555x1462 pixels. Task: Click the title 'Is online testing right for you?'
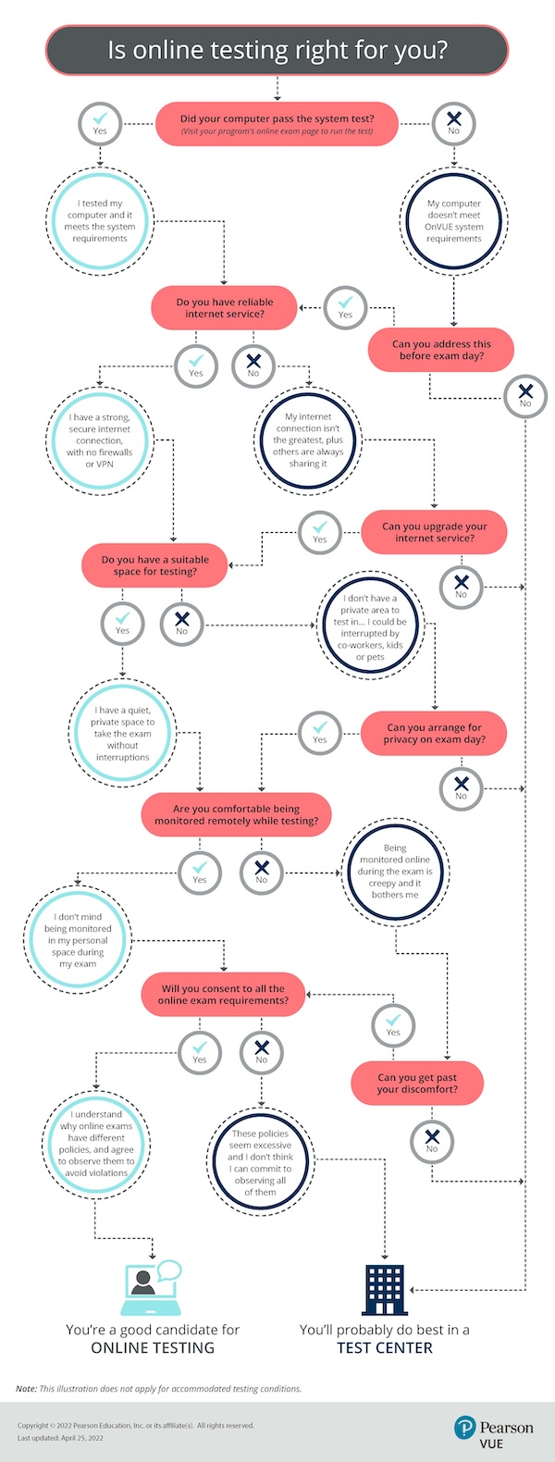click(277, 50)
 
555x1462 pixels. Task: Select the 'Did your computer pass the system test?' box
click(277, 124)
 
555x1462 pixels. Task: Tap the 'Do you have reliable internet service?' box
click(225, 308)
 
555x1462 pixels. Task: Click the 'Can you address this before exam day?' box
click(441, 350)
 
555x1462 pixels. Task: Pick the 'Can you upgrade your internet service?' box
click(435, 532)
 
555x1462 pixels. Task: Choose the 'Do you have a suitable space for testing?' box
click(155, 565)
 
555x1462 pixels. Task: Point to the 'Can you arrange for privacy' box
click(435, 734)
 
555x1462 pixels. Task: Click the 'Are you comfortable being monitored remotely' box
click(236, 814)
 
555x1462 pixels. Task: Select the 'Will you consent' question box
click(223, 995)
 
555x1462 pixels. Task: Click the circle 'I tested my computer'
click(100, 221)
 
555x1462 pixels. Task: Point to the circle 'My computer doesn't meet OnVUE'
click(453, 221)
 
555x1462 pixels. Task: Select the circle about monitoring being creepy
click(395, 871)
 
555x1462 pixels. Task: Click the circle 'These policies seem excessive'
click(260, 1161)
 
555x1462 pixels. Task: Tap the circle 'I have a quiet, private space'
click(122, 734)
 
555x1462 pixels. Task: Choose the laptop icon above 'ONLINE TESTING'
click(150, 1287)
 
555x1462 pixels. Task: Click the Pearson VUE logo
click(494, 1431)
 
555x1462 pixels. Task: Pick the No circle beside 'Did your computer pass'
click(453, 121)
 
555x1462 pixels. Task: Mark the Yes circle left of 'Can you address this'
click(345, 306)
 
